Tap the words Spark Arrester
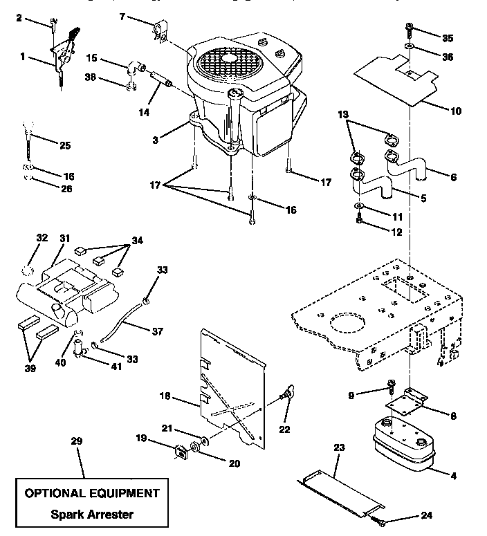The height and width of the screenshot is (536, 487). point(92,514)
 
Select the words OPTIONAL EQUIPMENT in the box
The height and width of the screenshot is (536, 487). point(92,493)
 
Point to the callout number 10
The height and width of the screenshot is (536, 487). point(456,111)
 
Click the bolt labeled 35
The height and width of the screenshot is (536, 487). point(410,30)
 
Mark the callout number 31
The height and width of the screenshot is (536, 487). point(64,238)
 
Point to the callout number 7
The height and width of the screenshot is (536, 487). point(122,15)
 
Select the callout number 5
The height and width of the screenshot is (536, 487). point(423,198)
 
